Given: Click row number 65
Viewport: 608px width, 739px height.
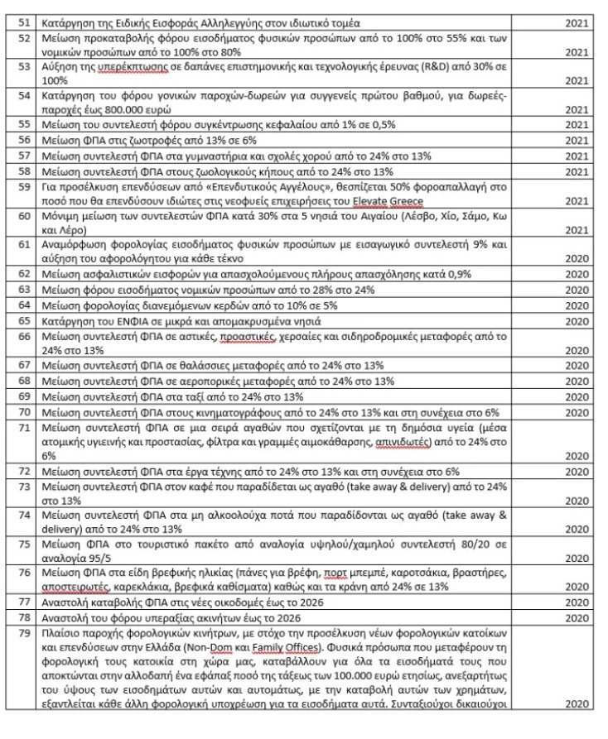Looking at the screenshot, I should tap(26, 319).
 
